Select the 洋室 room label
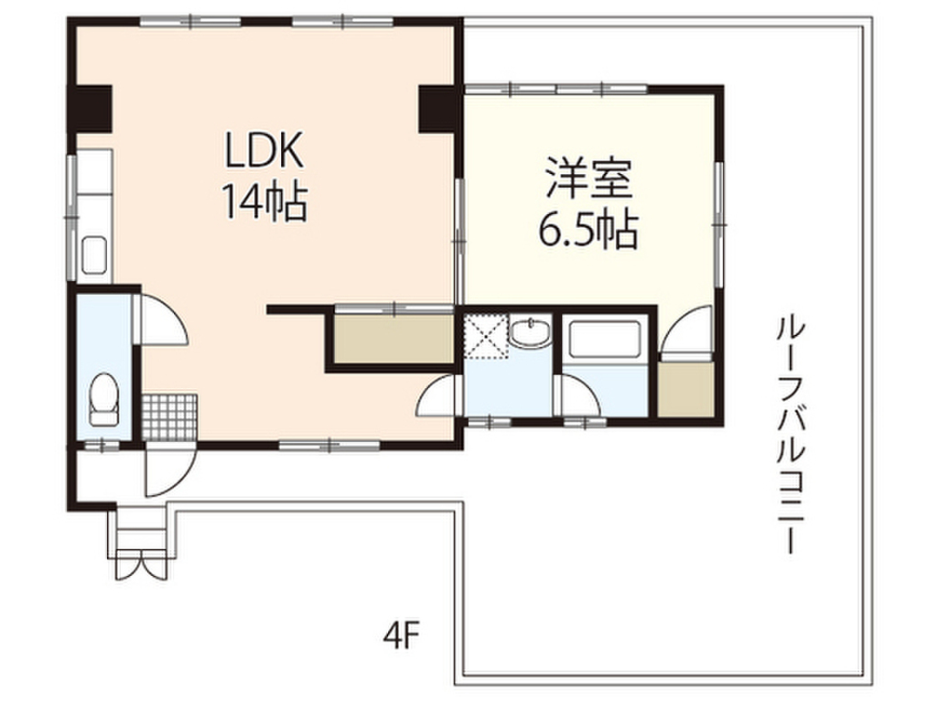click(588, 179)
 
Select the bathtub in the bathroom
click(605, 341)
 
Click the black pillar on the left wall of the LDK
click(89, 107)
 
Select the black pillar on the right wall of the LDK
click(437, 107)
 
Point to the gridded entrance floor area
click(170, 416)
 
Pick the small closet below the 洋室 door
click(685, 389)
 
